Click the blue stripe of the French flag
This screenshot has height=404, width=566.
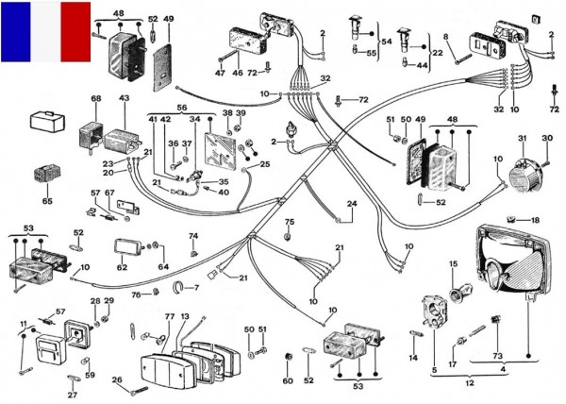coord(16,31)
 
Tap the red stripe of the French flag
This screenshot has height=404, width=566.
coord(75,31)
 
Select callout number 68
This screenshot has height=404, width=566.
coord(95,99)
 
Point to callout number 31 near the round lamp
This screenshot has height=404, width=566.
coord(520,141)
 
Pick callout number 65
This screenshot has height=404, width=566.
coord(47,201)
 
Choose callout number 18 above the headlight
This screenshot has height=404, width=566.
coord(535,219)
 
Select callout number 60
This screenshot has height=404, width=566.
coord(289,380)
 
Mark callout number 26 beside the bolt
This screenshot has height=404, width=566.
coord(117,380)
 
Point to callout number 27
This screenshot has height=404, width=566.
coord(73,395)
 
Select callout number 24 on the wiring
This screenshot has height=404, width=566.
coord(351,203)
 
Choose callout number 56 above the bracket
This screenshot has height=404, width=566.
coord(182,108)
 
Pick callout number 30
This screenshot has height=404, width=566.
coord(546,140)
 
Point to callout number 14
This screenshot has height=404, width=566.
coord(412,359)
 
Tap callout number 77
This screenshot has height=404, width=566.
coord(170,317)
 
